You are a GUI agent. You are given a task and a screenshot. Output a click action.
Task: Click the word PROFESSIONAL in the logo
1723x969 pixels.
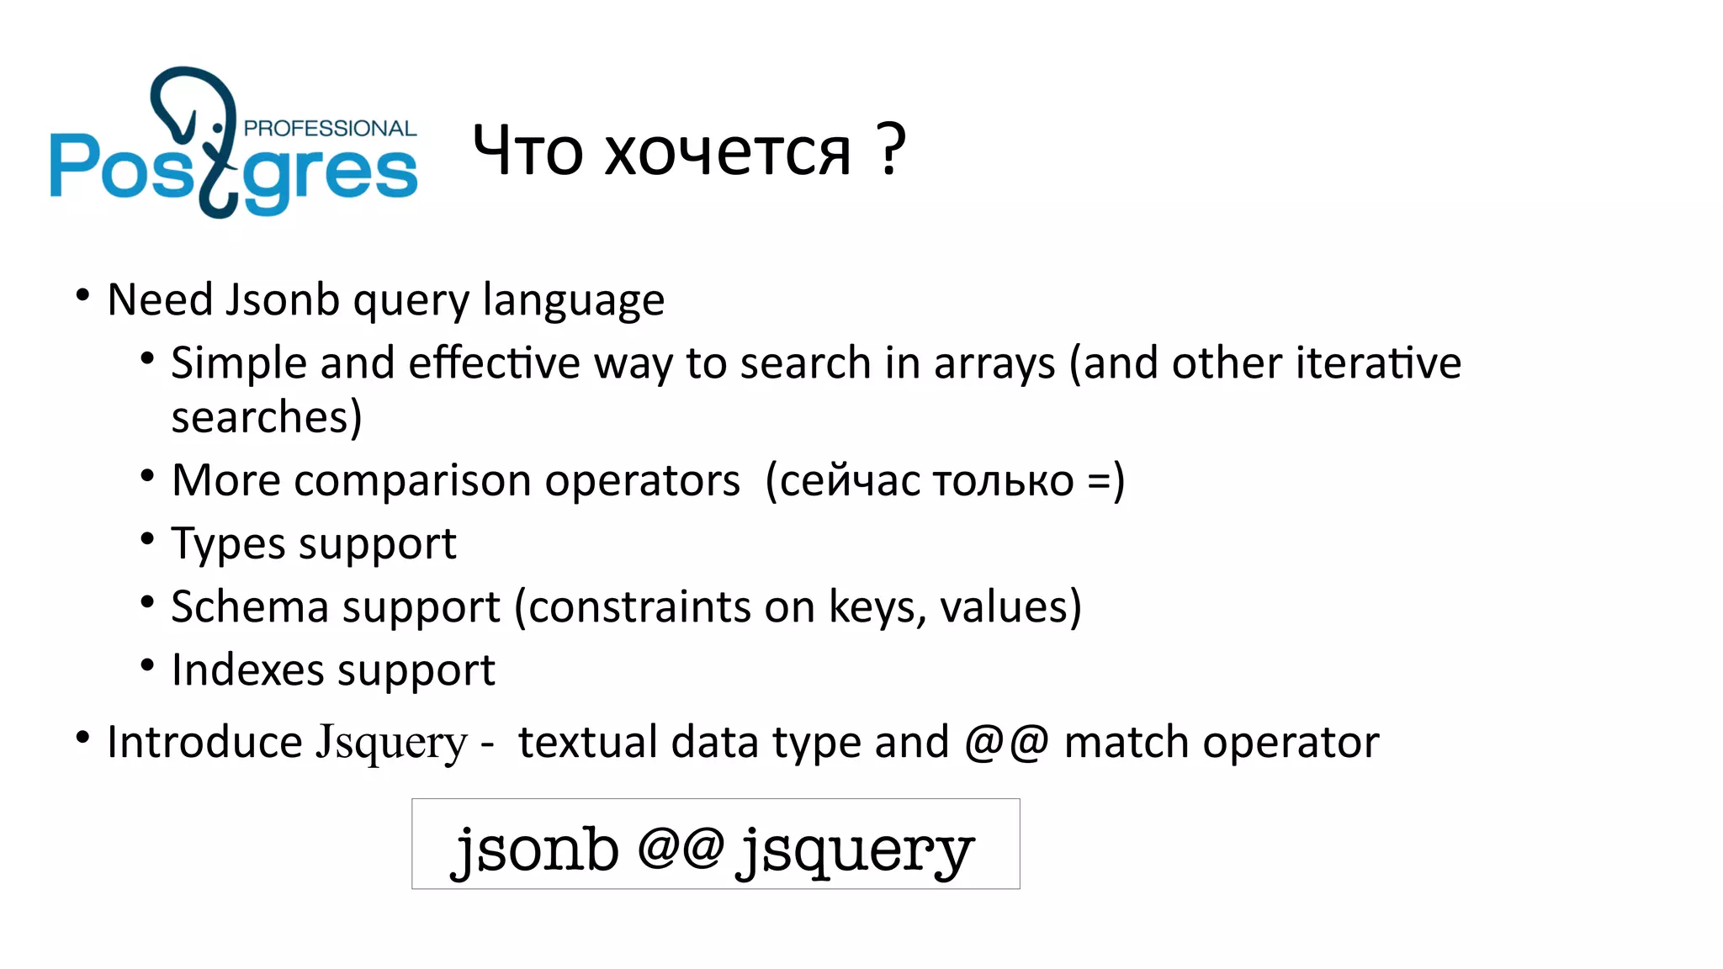[x=330, y=129]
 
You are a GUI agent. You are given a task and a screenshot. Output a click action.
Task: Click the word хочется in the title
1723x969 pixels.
[x=728, y=152]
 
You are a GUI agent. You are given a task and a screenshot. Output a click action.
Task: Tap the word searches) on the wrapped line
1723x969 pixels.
[x=267, y=417]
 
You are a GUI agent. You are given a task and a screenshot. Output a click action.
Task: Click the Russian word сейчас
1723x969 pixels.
[x=850, y=482]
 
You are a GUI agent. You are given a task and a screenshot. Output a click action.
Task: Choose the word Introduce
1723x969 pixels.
[x=204, y=743]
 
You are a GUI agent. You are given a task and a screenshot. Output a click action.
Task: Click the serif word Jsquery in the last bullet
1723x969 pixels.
[x=390, y=743]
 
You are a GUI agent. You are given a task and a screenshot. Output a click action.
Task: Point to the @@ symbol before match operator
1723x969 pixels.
[x=1006, y=743]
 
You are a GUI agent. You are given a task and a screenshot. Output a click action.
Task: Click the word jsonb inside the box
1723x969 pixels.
[x=536, y=850]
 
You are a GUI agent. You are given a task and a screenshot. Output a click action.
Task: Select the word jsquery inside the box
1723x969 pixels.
[x=855, y=851]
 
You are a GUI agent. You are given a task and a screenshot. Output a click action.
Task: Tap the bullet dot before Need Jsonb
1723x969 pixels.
[x=82, y=295]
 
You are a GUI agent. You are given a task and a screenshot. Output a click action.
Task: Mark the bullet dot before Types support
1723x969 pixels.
[x=147, y=539]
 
